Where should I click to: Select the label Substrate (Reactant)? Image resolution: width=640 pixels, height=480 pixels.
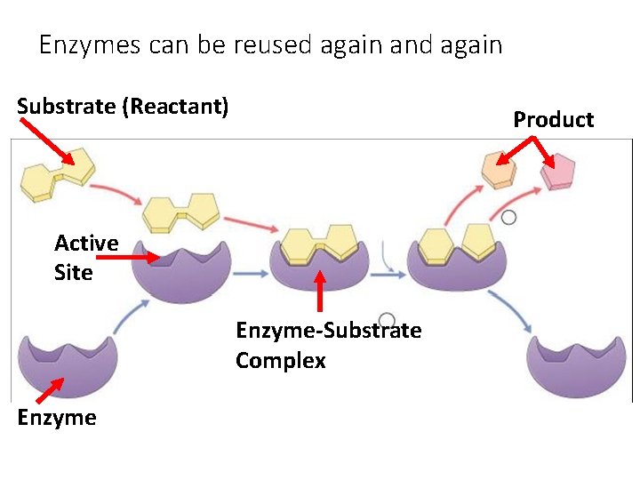[x=123, y=107]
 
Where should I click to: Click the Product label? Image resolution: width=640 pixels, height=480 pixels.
[x=553, y=120]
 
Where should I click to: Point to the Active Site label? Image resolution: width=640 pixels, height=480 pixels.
[x=85, y=258]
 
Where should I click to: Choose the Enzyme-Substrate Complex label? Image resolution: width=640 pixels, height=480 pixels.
[x=328, y=345]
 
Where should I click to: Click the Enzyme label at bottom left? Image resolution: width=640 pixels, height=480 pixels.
[x=56, y=418]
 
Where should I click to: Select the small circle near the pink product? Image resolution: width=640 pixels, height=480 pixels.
[x=508, y=217]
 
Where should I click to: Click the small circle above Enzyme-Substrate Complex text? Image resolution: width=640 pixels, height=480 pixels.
[x=387, y=321]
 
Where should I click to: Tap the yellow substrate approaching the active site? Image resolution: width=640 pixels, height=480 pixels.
[x=181, y=212]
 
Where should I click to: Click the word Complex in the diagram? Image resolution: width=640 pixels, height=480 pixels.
[x=281, y=361]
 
